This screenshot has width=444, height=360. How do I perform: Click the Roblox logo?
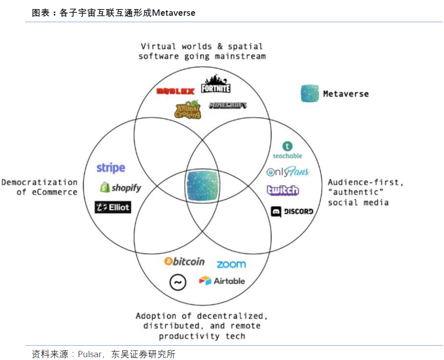click(175, 91)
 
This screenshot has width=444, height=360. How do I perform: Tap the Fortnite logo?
click(215, 84)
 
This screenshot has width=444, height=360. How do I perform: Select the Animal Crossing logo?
click(187, 109)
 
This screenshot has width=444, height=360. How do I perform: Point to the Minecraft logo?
click(228, 105)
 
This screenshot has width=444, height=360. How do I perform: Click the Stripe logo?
click(111, 168)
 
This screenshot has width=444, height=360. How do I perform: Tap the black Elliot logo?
click(113, 207)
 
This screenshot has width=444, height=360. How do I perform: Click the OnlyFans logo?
click(288, 172)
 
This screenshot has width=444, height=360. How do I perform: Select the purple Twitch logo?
click(283, 190)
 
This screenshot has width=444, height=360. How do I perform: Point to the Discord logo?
click(292, 211)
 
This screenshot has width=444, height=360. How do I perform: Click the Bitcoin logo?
click(184, 261)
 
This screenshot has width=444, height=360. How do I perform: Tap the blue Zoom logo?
click(231, 264)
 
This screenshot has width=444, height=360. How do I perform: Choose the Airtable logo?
click(222, 281)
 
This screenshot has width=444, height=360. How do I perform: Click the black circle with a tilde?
click(178, 282)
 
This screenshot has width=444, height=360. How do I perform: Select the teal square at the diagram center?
click(202, 186)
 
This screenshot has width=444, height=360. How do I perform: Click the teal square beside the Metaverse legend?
click(310, 93)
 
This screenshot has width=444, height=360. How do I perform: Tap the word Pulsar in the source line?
click(89, 354)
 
